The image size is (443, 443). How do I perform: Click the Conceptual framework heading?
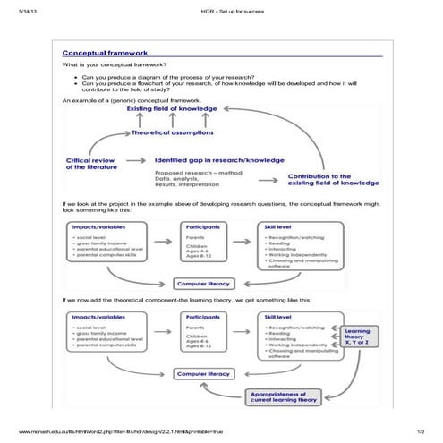[x=105, y=54]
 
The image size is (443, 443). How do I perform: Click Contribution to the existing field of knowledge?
[x=331, y=180]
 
